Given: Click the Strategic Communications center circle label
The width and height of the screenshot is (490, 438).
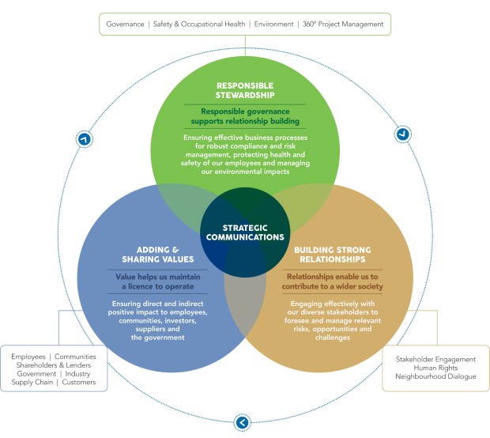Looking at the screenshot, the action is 245,232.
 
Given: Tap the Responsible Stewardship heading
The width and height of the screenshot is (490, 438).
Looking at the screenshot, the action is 245,90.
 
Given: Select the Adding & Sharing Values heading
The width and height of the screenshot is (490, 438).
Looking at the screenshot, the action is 158,255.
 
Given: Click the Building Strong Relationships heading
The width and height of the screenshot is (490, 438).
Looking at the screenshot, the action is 333,255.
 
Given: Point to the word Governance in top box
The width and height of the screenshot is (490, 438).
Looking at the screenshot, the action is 125,24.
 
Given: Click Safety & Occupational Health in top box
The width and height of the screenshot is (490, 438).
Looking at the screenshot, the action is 199,24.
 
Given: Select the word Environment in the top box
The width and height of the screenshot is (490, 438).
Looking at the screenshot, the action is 273,24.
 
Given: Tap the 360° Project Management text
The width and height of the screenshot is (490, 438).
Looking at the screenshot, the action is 343,24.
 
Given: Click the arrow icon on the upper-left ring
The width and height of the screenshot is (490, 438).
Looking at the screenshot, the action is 85,139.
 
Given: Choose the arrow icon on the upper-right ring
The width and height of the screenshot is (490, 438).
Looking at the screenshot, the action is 403,134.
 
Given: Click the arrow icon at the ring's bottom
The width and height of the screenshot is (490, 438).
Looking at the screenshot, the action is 242,423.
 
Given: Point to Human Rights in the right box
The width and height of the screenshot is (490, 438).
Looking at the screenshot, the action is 435,368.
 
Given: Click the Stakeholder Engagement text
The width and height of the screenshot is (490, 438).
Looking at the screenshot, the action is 435,360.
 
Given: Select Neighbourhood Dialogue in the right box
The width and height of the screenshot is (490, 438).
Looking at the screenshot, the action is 435,376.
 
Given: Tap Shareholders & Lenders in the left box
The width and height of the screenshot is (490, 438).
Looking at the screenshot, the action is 54,365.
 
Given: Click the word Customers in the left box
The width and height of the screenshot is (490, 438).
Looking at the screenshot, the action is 79,382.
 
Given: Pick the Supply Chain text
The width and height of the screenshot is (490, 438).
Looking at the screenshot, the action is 32,382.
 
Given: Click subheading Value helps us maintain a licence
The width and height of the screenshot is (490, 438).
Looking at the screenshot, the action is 158,281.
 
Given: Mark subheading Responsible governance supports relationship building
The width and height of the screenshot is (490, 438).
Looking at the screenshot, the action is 245,116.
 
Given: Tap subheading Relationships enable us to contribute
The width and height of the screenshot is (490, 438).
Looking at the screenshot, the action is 333,281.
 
